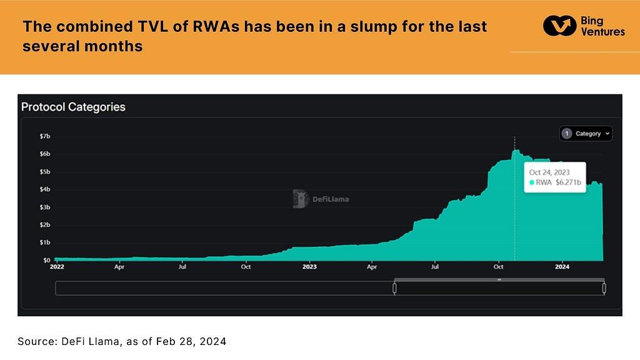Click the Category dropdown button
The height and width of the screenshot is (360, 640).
click(586, 133)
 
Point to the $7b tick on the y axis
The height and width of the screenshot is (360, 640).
click(46, 136)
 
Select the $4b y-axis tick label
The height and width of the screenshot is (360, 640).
click(46, 189)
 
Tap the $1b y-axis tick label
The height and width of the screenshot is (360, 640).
click(46, 242)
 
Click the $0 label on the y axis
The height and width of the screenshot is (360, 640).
click(47, 260)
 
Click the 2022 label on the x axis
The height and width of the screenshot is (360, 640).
click(56, 267)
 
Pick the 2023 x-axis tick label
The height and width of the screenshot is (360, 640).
click(309, 267)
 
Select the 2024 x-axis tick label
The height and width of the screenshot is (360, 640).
click(562, 267)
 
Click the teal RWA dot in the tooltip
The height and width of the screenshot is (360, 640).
click(532, 182)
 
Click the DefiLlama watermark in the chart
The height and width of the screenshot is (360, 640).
click(321, 199)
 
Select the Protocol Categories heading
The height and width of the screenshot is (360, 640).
click(73, 107)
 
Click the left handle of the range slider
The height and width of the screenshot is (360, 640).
click(394, 288)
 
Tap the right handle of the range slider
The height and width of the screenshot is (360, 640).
click(604, 288)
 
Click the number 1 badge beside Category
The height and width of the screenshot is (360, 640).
click(567, 133)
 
